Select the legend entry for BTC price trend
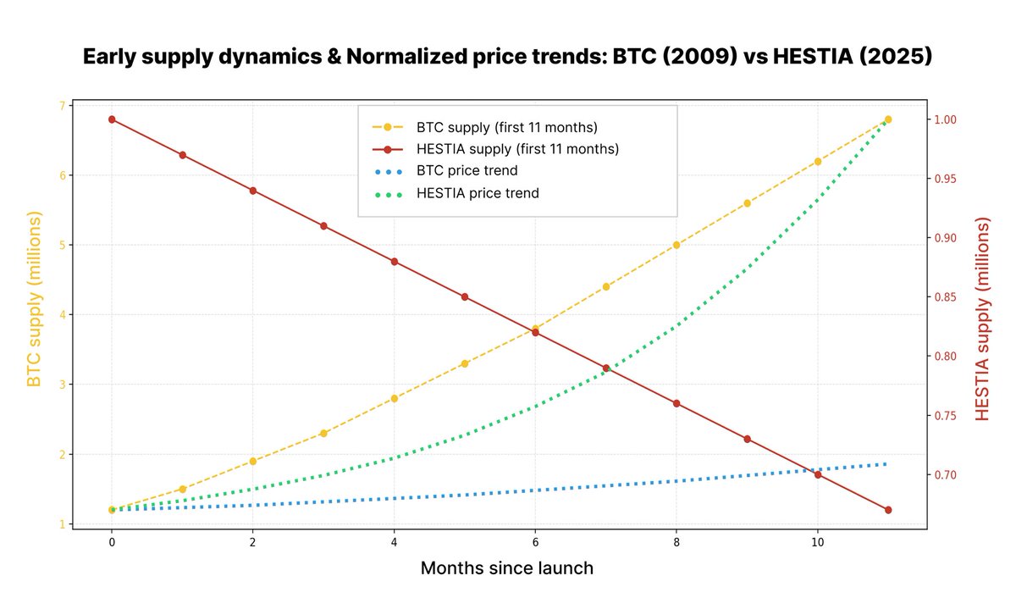(x=467, y=171)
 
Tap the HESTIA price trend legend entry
(x=478, y=193)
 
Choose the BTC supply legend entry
(x=506, y=127)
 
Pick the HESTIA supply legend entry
(x=517, y=149)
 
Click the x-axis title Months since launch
(x=507, y=568)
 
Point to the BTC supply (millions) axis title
(x=34, y=301)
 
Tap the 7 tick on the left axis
(x=61, y=106)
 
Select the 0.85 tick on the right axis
(x=954, y=297)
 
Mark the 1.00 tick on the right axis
(x=954, y=119)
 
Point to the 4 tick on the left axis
(x=61, y=315)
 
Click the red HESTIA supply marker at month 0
(x=112, y=119)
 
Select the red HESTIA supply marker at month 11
(x=887, y=510)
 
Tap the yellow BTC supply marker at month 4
(x=394, y=398)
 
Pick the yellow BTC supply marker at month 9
(x=747, y=203)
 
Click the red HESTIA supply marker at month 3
(x=323, y=226)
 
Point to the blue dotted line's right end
(x=886, y=463)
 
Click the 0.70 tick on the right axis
(x=954, y=475)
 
